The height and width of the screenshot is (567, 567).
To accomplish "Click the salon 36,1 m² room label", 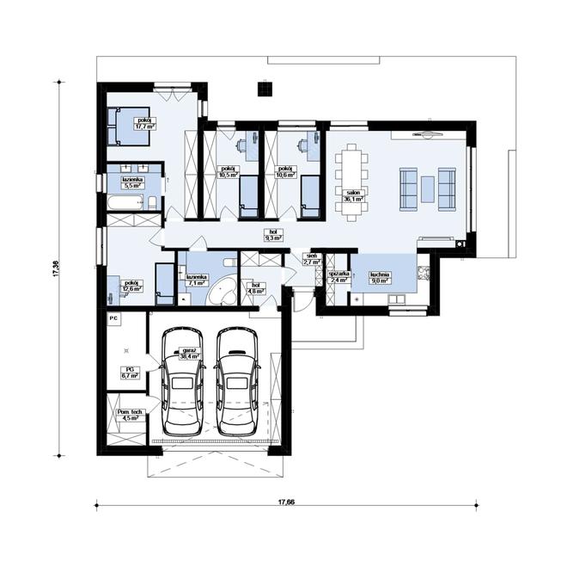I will click(352, 195).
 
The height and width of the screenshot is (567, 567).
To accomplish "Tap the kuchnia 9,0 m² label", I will click(380, 278).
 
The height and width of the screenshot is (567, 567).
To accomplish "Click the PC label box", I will click(113, 317).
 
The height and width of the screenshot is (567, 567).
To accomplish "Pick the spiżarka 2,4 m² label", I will click(338, 277).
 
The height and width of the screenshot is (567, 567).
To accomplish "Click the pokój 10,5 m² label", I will click(229, 171).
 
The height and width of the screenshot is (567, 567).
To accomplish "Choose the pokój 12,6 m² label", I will click(132, 286).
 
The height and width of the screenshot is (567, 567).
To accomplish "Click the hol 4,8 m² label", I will click(255, 290).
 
